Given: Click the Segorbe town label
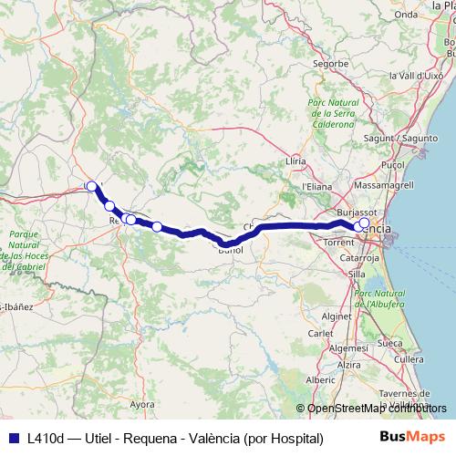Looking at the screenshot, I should [x=331, y=64].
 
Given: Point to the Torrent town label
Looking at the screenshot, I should [x=338, y=244].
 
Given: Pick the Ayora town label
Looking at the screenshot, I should [x=142, y=402].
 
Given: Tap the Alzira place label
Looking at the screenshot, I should [x=349, y=364].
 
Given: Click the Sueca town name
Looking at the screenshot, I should [x=389, y=343].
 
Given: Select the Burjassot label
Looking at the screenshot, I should [x=350, y=212].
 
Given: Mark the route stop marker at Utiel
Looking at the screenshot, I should [x=91, y=186].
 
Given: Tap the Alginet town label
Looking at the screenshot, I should [x=337, y=316].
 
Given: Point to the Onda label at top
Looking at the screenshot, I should [x=405, y=14].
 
